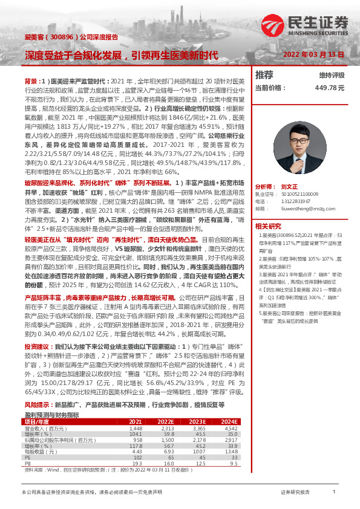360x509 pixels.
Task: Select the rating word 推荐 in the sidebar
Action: [264, 76]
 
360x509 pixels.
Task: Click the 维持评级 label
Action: [331, 76]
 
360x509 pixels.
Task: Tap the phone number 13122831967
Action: [297, 201]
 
